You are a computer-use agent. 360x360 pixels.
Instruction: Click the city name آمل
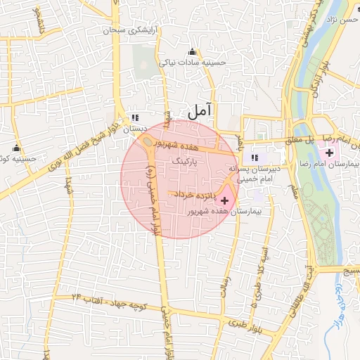[x=200, y=110]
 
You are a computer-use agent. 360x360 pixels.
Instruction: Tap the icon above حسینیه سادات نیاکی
[x=192, y=51]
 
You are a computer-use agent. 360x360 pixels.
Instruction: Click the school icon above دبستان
[x=135, y=118]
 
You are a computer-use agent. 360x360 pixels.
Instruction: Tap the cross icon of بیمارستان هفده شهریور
[x=224, y=201]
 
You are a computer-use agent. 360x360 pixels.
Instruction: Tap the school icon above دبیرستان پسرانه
[x=255, y=157]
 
